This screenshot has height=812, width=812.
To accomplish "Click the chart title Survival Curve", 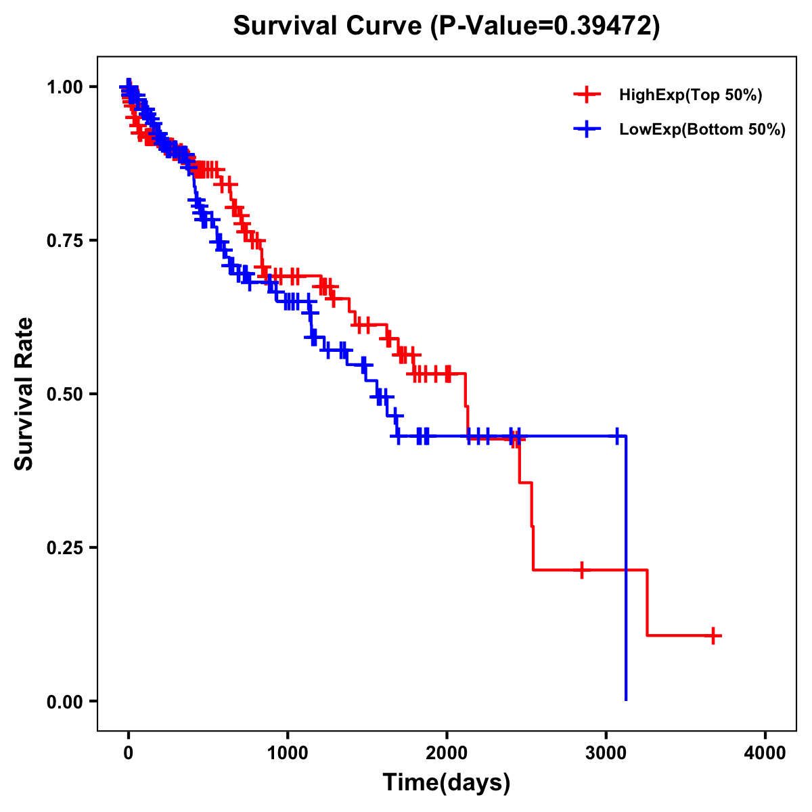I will coord(329,26).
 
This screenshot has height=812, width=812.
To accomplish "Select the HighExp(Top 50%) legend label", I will coord(690,95).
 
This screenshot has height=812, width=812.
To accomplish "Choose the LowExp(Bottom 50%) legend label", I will coord(702,130).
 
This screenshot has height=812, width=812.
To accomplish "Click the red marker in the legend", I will coord(587,95).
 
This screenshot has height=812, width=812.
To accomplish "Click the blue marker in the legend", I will coord(587,129).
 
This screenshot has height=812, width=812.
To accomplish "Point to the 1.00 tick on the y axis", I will coord(64,87).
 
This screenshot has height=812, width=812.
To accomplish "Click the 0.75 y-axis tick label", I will coord(64,240).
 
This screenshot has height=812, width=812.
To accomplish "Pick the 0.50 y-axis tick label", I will coord(64,394).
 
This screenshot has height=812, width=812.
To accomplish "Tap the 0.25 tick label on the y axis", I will coord(64,547).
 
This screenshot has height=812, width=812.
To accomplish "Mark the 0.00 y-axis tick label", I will coord(64,701).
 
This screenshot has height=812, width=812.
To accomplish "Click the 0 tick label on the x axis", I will coord(129,753).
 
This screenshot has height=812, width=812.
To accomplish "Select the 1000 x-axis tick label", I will coord(288,753).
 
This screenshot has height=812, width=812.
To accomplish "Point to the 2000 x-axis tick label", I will coord(447,753).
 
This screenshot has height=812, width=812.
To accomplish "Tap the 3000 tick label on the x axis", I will coord(606,753).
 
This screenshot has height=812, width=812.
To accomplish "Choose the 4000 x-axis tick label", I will coord(765,753).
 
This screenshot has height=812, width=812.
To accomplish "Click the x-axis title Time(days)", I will coord(447,783).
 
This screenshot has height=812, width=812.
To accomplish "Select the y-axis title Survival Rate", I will coord(24,394).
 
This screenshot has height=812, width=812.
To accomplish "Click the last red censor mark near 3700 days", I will coord(713,635).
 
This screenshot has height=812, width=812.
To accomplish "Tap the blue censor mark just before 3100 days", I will coord(616,436).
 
